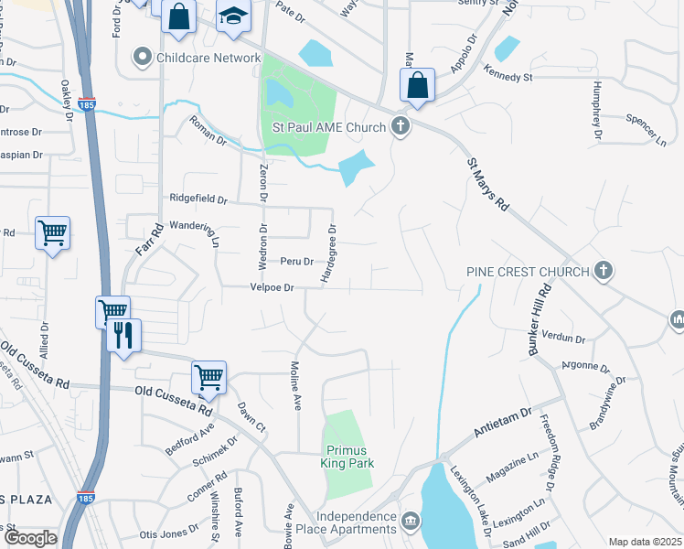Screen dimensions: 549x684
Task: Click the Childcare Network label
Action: tap(208, 58)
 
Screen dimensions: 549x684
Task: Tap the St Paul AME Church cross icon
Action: tap(400, 126)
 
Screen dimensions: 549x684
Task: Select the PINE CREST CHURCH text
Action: tap(527, 271)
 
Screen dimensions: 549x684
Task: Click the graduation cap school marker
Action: tap(233, 17)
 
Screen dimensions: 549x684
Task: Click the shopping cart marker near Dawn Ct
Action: tap(209, 376)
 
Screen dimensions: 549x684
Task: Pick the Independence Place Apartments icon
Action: tap(411, 522)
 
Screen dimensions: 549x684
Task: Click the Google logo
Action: tap(29, 538)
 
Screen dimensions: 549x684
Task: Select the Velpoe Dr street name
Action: tap(273, 287)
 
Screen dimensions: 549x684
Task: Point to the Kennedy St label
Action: tap(508, 78)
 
